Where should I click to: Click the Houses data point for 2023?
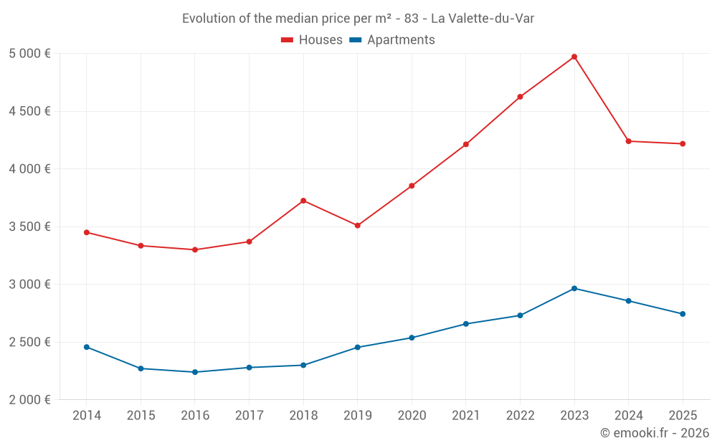click(574, 57)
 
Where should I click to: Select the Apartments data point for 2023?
click(574, 288)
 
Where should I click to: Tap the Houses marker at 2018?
click(303, 201)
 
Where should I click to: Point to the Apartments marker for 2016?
click(195, 372)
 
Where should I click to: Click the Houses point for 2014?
click(87, 232)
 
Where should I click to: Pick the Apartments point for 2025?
click(683, 314)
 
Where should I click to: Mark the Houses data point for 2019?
click(358, 226)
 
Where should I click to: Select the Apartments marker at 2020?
click(412, 338)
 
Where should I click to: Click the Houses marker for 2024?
click(629, 141)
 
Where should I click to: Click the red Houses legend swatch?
click(288, 40)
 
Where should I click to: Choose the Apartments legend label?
click(401, 40)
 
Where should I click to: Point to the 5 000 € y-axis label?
click(29, 54)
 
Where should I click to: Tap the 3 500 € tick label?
click(29, 227)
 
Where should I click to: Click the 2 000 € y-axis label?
click(29, 400)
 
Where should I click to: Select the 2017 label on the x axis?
click(249, 416)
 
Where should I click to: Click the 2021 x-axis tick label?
click(466, 416)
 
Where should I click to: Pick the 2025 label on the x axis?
click(683, 416)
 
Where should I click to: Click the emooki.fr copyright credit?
click(654, 433)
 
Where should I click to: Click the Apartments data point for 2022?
click(521, 315)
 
